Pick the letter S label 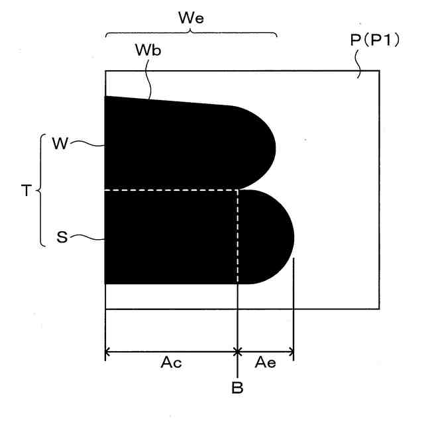click(62, 238)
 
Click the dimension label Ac click(171, 363)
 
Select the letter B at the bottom click(237, 388)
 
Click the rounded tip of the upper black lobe click(273, 146)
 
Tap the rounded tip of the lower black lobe click(291, 237)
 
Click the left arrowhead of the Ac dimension click(109, 352)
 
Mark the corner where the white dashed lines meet click(237, 190)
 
